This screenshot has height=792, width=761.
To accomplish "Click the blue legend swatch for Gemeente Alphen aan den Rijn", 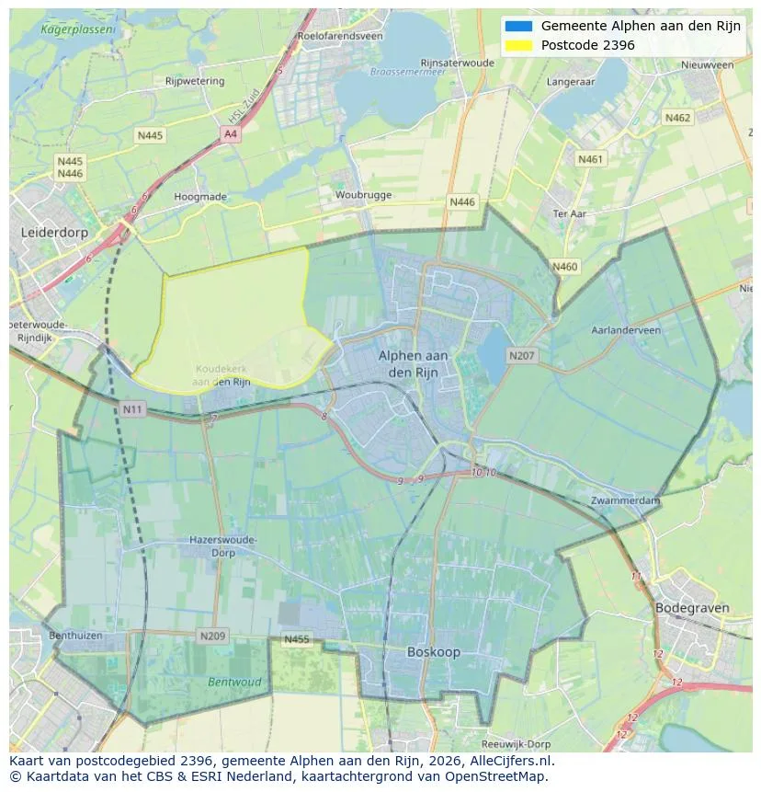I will (518, 26).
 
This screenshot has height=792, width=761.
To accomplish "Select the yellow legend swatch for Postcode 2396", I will (518, 45).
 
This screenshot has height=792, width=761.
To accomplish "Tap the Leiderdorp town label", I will (54, 233).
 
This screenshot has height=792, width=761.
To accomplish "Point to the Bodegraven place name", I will (692, 608).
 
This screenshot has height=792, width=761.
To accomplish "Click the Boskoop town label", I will (434, 652).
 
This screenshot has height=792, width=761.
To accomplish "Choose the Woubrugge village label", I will (363, 195).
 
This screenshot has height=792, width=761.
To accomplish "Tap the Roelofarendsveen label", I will (339, 36).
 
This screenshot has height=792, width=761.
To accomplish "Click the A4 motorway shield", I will (231, 134).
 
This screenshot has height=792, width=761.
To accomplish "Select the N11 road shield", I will (133, 408).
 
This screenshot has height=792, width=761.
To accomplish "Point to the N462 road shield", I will (677, 118).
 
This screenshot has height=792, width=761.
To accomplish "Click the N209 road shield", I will (212, 636).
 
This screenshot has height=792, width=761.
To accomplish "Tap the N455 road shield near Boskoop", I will (297, 639).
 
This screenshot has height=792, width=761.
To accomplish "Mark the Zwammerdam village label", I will (626, 500).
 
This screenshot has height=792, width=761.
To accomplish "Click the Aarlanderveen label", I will (626, 329).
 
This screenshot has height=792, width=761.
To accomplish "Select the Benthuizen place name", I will (75, 636).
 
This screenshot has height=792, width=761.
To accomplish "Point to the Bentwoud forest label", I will (234, 683).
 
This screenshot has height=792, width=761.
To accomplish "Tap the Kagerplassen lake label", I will (78, 29).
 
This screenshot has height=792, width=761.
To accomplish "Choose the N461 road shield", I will (591, 160).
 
